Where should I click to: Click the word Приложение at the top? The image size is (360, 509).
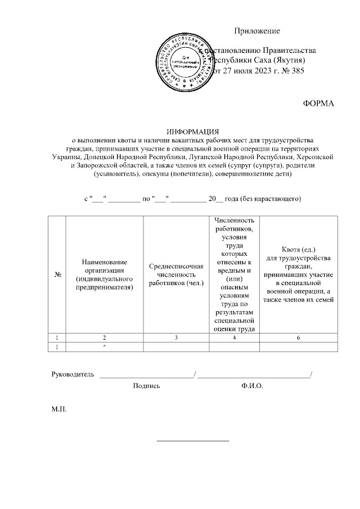(256, 31)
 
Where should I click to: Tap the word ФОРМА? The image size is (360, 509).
(318, 103)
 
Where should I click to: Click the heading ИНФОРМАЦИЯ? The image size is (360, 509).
(191, 130)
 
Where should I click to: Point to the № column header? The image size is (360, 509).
(57, 274)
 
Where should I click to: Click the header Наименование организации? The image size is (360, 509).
(105, 274)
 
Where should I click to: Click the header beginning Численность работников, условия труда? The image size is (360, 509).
(232, 274)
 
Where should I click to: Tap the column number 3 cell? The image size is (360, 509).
(176, 337)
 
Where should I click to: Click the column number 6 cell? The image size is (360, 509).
(298, 337)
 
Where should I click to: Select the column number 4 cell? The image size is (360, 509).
(232, 337)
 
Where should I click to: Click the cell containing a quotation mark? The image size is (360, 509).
(105, 347)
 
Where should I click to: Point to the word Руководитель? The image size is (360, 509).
(73, 374)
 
